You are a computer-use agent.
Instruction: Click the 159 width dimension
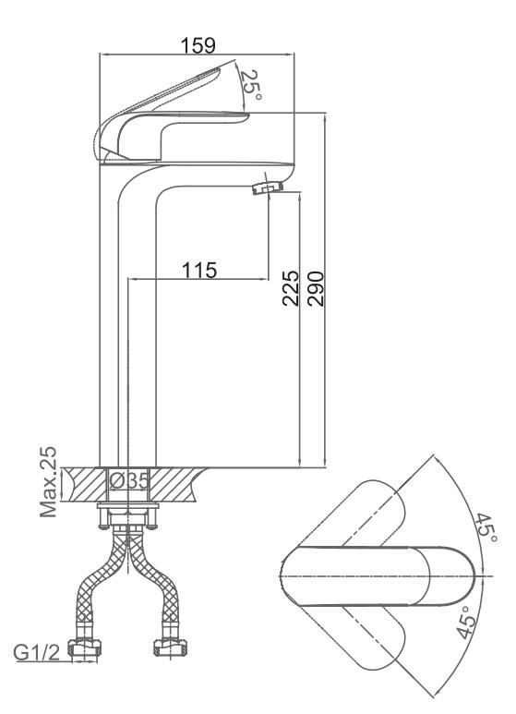[198, 45]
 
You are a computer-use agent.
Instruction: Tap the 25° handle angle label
[251, 85]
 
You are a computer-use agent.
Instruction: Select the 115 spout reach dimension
[199, 270]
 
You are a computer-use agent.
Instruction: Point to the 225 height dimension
[291, 288]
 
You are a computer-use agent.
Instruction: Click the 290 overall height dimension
[316, 289]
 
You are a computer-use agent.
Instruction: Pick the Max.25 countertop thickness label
[48, 482]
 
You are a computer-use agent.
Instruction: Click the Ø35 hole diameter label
[129, 481]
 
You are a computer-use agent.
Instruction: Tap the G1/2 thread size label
[36, 653]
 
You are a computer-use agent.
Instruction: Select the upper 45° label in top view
[486, 528]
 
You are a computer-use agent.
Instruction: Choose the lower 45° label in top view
[465, 622]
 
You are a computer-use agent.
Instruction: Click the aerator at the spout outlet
[268, 188]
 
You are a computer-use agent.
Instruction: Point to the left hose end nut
[85, 647]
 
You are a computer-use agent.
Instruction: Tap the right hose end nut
[171, 647]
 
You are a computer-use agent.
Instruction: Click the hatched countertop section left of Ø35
[86, 485]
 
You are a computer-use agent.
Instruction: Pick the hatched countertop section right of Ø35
[175, 485]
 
